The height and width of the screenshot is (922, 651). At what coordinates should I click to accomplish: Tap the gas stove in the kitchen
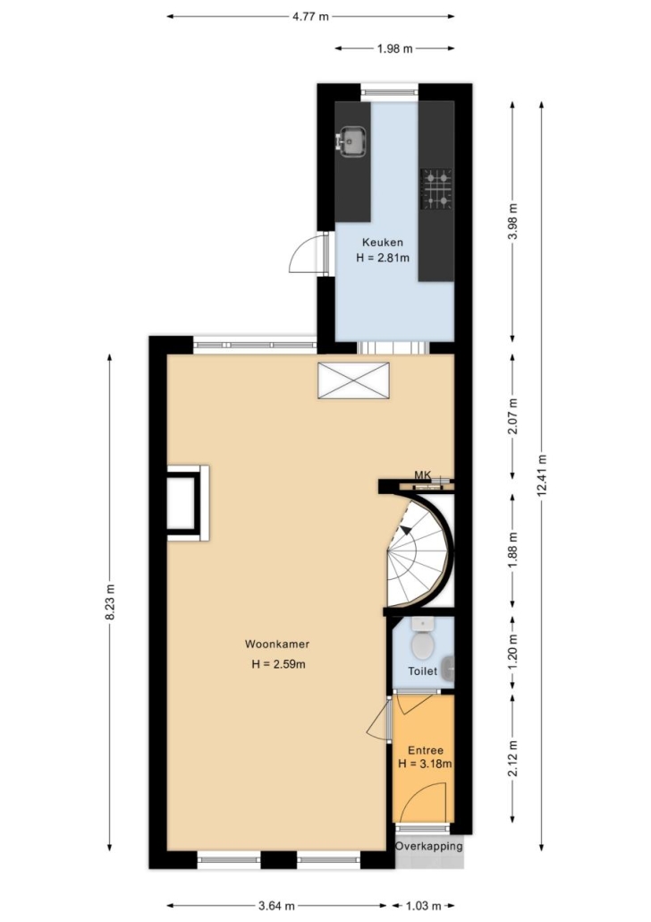tap(436, 190)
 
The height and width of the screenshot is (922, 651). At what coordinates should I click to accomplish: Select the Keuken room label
tap(383, 243)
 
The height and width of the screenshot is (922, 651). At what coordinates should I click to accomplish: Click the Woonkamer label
tap(277, 644)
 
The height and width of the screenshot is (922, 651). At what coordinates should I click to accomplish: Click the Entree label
tap(426, 750)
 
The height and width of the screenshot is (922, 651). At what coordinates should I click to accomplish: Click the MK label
tap(422, 474)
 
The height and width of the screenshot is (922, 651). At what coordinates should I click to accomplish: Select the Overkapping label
tap(429, 846)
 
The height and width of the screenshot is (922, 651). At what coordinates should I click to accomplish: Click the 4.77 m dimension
tap(311, 16)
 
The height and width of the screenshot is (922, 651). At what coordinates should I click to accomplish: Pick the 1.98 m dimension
tap(395, 48)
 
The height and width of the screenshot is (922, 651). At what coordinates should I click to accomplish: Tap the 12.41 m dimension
tap(542, 475)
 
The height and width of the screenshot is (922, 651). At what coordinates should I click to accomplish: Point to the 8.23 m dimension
tap(110, 602)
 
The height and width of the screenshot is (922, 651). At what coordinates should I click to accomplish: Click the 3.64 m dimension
tap(276, 906)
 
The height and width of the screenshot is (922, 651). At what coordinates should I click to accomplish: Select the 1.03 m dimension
tap(419, 906)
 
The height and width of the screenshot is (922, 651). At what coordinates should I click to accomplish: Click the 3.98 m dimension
tap(513, 221)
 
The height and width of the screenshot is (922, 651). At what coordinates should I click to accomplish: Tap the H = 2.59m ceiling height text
tap(278, 664)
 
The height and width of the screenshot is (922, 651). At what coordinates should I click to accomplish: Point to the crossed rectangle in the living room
tap(353, 380)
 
